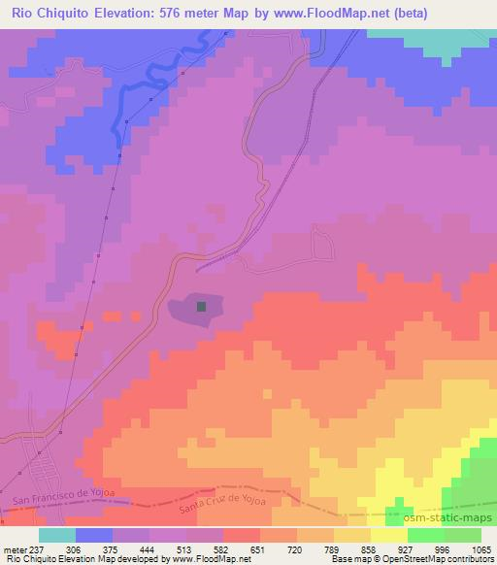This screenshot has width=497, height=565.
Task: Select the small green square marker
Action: tap(202, 306)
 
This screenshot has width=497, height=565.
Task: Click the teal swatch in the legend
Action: tap(57, 536)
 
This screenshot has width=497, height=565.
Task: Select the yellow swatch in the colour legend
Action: tap(389, 536)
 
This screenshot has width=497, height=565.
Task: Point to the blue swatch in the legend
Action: tap(94, 536)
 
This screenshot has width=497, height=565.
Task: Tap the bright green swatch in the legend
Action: tap(426, 536)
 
